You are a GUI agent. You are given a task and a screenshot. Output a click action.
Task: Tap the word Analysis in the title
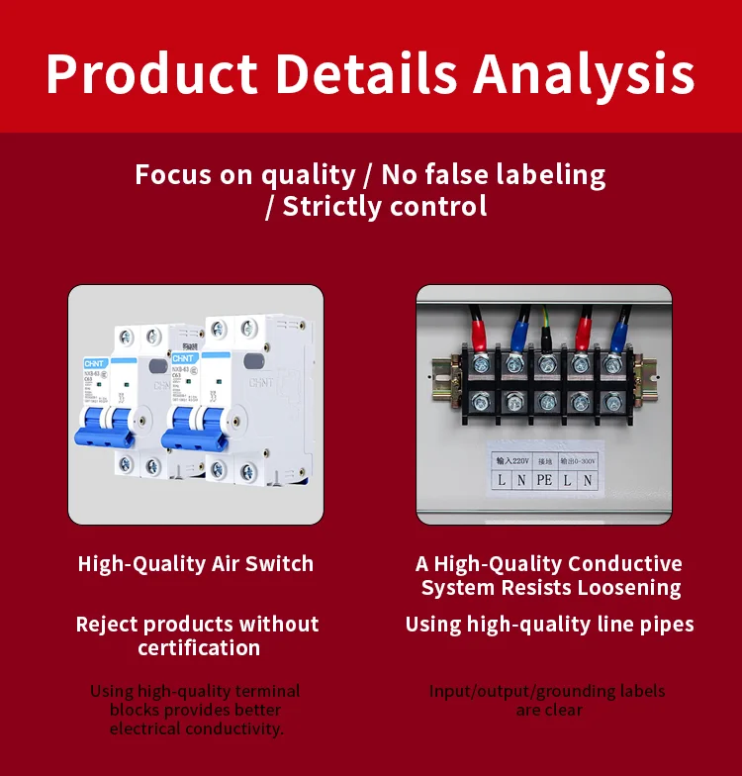(x=585, y=74)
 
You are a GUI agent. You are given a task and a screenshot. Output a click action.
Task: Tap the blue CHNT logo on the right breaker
(x=184, y=357)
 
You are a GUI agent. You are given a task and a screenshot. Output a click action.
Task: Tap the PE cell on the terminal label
(x=544, y=480)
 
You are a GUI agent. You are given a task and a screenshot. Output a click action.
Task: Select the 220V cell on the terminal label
(x=513, y=459)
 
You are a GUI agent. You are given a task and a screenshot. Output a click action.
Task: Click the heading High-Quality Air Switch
(x=196, y=564)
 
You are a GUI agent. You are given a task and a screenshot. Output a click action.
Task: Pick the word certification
(x=199, y=648)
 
